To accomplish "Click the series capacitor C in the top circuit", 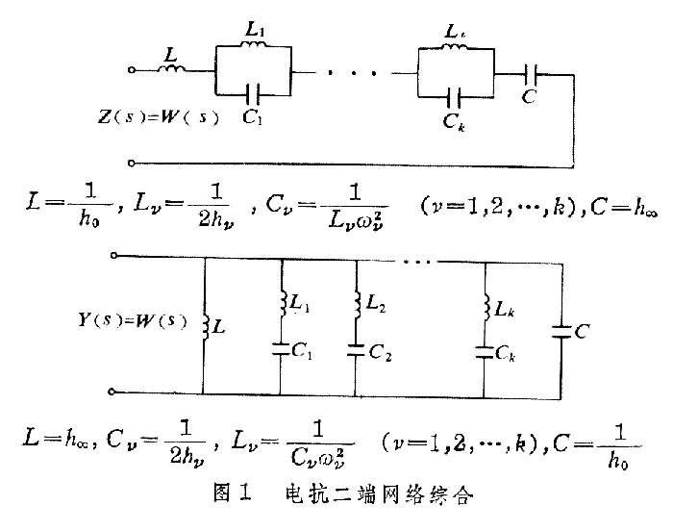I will click(534, 71).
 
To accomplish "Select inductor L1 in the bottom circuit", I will click(282, 306).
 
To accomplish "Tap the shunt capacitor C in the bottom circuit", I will click(561, 333).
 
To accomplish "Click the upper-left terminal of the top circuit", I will click(132, 70).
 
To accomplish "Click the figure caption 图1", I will click(234, 497).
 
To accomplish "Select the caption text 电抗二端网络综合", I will click(379, 497).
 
